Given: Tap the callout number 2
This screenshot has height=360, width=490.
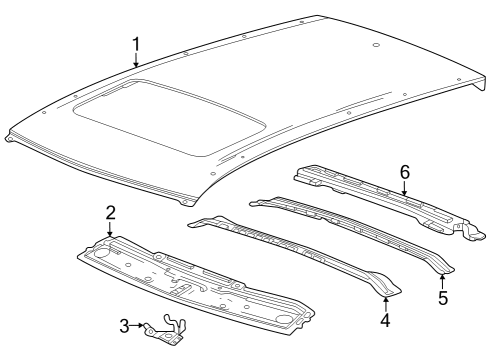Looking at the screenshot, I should click(x=110, y=212).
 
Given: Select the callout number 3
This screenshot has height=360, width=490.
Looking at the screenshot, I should click(x=124, y=325).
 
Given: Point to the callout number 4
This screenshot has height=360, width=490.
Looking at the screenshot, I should click(x=385, y=321).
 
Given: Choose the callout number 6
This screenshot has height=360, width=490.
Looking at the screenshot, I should click(x=405, y=172).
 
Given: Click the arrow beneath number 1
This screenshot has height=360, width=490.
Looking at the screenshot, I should click(x=136, y=62).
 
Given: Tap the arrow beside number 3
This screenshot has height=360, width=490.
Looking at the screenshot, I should click(x=140, y=325).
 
